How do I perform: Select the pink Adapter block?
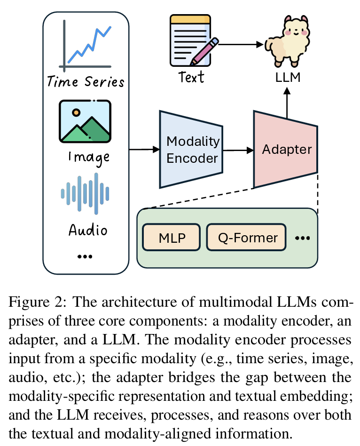click(286, 150)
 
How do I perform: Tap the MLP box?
click(171, 238)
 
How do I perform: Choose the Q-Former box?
click(246, 238)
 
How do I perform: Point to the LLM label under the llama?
click(287, 76)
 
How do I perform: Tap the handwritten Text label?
click(191, 76)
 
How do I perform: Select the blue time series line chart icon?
click(86, 46)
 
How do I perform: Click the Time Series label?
click(86, 82)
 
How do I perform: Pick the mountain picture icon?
click(85, 121)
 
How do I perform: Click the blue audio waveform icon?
click(85, 193)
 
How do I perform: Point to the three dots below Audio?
click(85, 256)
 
